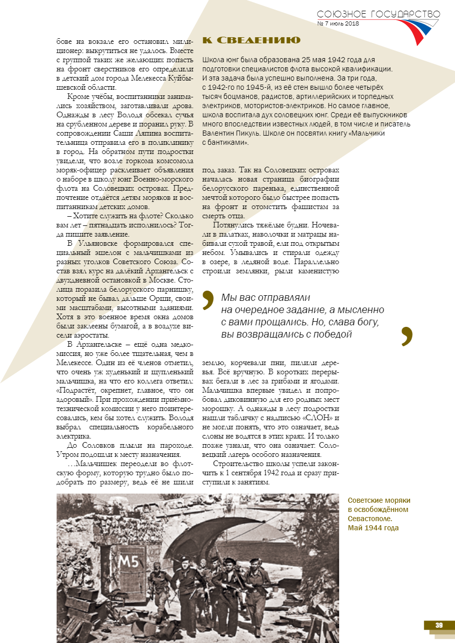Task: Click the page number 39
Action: coord(439,625)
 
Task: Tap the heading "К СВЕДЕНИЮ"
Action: coord(251,40)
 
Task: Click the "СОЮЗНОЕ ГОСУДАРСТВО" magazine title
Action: coord(378,15)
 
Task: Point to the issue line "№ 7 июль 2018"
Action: coord(338,23)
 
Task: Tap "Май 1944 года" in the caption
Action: coord(373,528)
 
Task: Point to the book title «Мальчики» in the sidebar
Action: coord(367,133)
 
